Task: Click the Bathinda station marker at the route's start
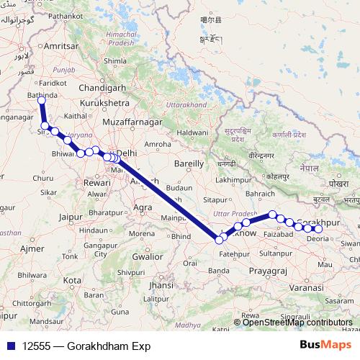click(x=42, y=100)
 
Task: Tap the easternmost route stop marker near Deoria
click(x=319, y=229)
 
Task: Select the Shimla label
click(x=115, y=62)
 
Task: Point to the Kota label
click(x=73, y=279)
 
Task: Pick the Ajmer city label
click(x=32, y=248)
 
